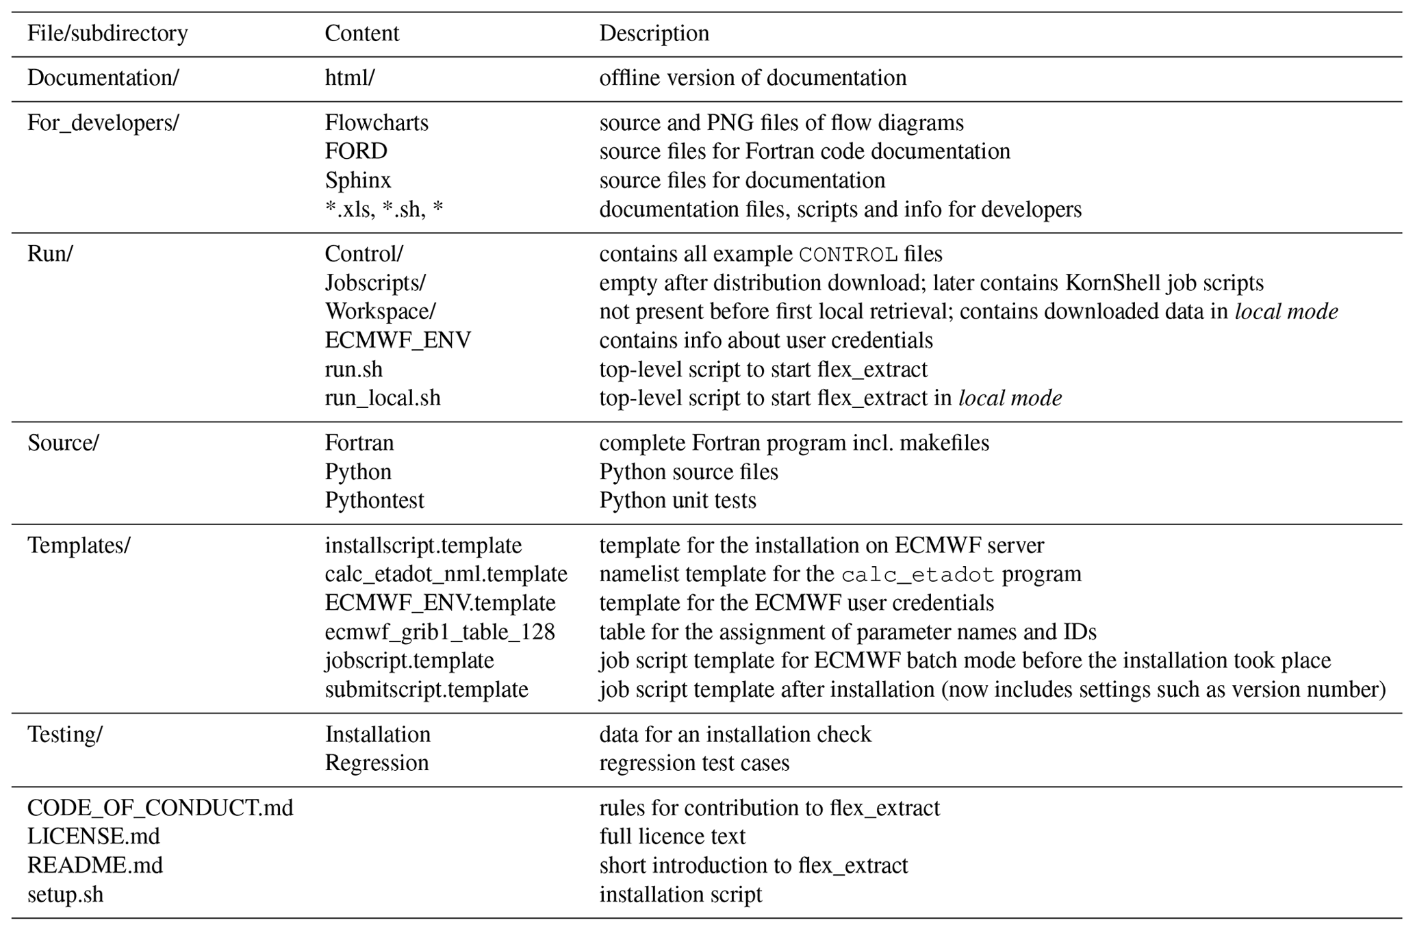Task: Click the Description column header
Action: pos(654,34)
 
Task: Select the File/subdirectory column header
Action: pos(107,34)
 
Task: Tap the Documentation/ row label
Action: pos(103,78)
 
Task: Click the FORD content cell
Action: pos(356,151)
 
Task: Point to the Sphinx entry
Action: pos(357,180)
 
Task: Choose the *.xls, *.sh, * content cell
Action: pos(384,209)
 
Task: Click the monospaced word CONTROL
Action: pos(848,255)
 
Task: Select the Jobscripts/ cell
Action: pos(375,283)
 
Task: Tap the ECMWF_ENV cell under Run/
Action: pos(398,340)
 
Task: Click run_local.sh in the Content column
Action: pos(383,398)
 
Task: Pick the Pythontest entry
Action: pos(374,500)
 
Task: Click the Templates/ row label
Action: pos(79,546)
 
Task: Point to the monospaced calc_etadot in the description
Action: pos(917,574)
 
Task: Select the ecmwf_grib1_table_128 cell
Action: pos(439,632)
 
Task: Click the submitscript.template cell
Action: pos(426,689)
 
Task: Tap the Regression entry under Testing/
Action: pos(377,763)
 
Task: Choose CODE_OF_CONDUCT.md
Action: pos(160,808)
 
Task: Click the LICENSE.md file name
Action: pos(94,837)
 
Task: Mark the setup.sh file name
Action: pos(66,895)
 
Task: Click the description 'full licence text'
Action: pos(672,837)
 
